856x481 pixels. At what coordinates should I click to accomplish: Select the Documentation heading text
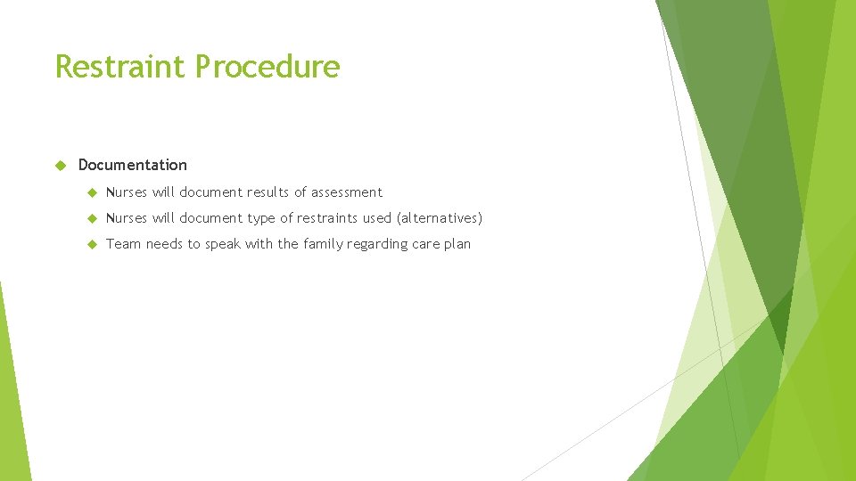[133, 165]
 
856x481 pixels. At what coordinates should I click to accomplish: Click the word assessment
[346, 192]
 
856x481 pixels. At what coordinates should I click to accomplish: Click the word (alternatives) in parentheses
[439, 218]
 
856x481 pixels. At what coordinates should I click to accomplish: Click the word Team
[123, 244]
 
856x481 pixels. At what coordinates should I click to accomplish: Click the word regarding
[391, 245]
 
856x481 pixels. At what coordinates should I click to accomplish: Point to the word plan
[457, 245]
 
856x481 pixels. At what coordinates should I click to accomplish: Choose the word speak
[223, 245]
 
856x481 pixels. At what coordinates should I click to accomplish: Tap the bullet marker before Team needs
[91, 244]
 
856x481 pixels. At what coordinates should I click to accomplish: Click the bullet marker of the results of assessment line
[91, 192]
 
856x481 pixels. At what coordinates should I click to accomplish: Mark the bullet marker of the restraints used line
[91, 218]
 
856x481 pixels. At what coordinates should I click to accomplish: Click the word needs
[164, 244]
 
